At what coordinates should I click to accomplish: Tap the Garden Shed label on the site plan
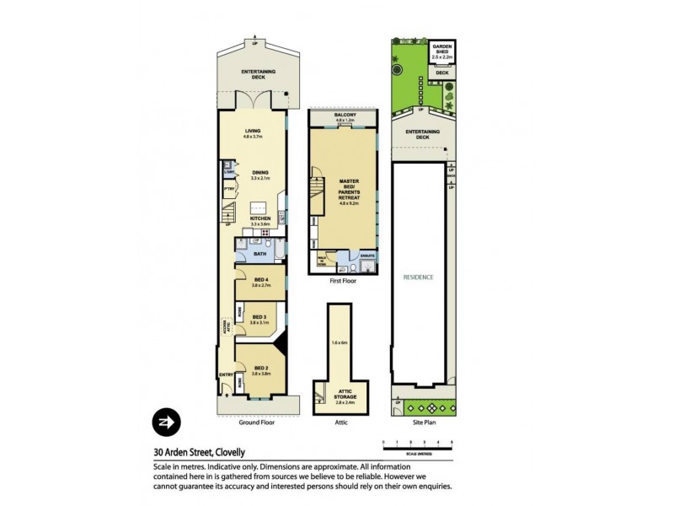pyautogui.click(x=441, y=52)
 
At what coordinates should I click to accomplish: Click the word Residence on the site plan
pyautogui.click(x=418, y=277)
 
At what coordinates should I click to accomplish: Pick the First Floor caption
pyautogui.click(x=342, y=281)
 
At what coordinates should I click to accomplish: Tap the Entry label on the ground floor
pyautogui.click(x=226, y=375)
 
